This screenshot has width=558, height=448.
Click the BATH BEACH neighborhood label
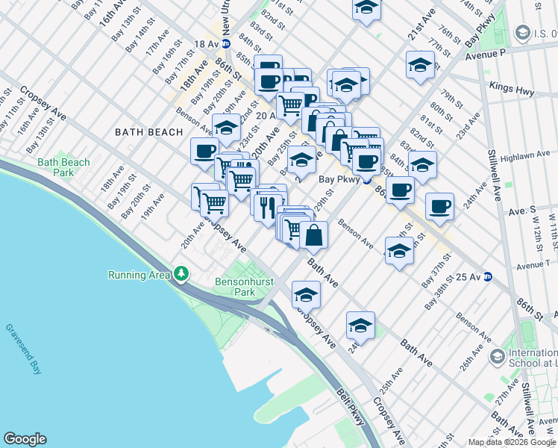[148, 132]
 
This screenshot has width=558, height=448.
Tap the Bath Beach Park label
[63, 167]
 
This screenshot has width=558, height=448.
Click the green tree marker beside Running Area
[181, 274]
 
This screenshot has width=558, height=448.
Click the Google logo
[25, 439]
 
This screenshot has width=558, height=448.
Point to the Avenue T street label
[536, 264]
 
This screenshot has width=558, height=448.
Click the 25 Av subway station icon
[489, 276]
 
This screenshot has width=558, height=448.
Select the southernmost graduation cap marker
[360, 326]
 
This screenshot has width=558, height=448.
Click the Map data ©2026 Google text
[512, 441]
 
